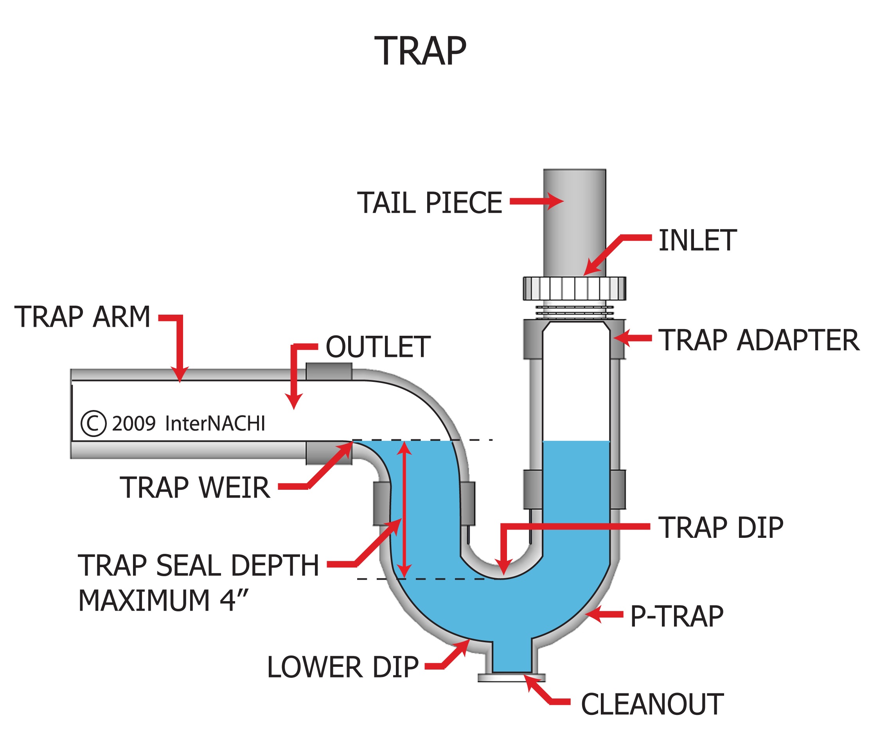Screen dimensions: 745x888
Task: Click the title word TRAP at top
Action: click(420, 52)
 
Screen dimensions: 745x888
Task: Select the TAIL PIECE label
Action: click(429, 203)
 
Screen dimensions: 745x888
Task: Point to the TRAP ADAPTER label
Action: click(759, 340)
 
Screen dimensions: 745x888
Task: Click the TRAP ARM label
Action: click(83, 317)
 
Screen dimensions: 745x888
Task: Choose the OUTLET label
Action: click(377, 347)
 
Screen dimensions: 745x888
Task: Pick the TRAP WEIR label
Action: click(195, 488)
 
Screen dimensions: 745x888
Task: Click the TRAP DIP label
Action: click(721, 528)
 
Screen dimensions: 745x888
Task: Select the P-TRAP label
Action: click(677, 616)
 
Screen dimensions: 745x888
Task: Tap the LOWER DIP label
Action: click(343, 667)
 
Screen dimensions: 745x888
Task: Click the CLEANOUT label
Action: click(652, 704)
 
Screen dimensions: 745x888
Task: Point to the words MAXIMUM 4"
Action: click(163, 601)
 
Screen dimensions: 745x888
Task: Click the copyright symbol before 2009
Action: click(93, 423)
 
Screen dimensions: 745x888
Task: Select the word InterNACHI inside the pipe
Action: click(215, 423)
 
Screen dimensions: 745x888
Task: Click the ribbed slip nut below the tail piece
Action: click(574, 288)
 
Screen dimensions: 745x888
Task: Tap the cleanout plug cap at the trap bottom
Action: click(511, 678)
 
